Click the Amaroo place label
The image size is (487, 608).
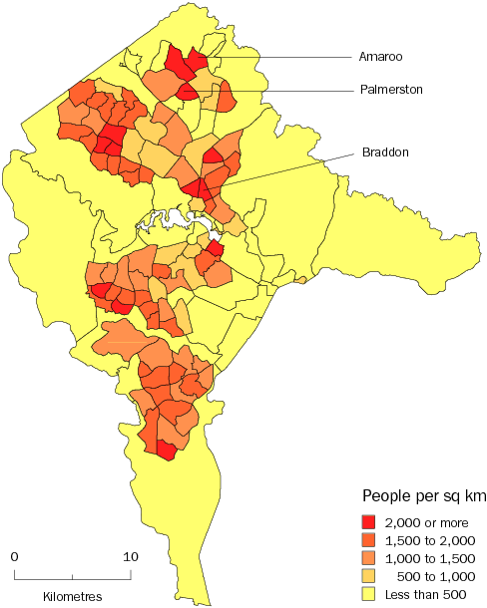pos(380,57)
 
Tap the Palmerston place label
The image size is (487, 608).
pos(391,90)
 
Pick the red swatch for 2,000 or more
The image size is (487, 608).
pos(369,522)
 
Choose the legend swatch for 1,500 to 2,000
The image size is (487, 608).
pos(369,540)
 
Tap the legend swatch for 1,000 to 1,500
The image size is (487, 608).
pos(369,558)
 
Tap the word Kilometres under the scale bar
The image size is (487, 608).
pos(72,596)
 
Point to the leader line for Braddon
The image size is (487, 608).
pos(289,167)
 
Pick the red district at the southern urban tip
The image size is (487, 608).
pos(166,452)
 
